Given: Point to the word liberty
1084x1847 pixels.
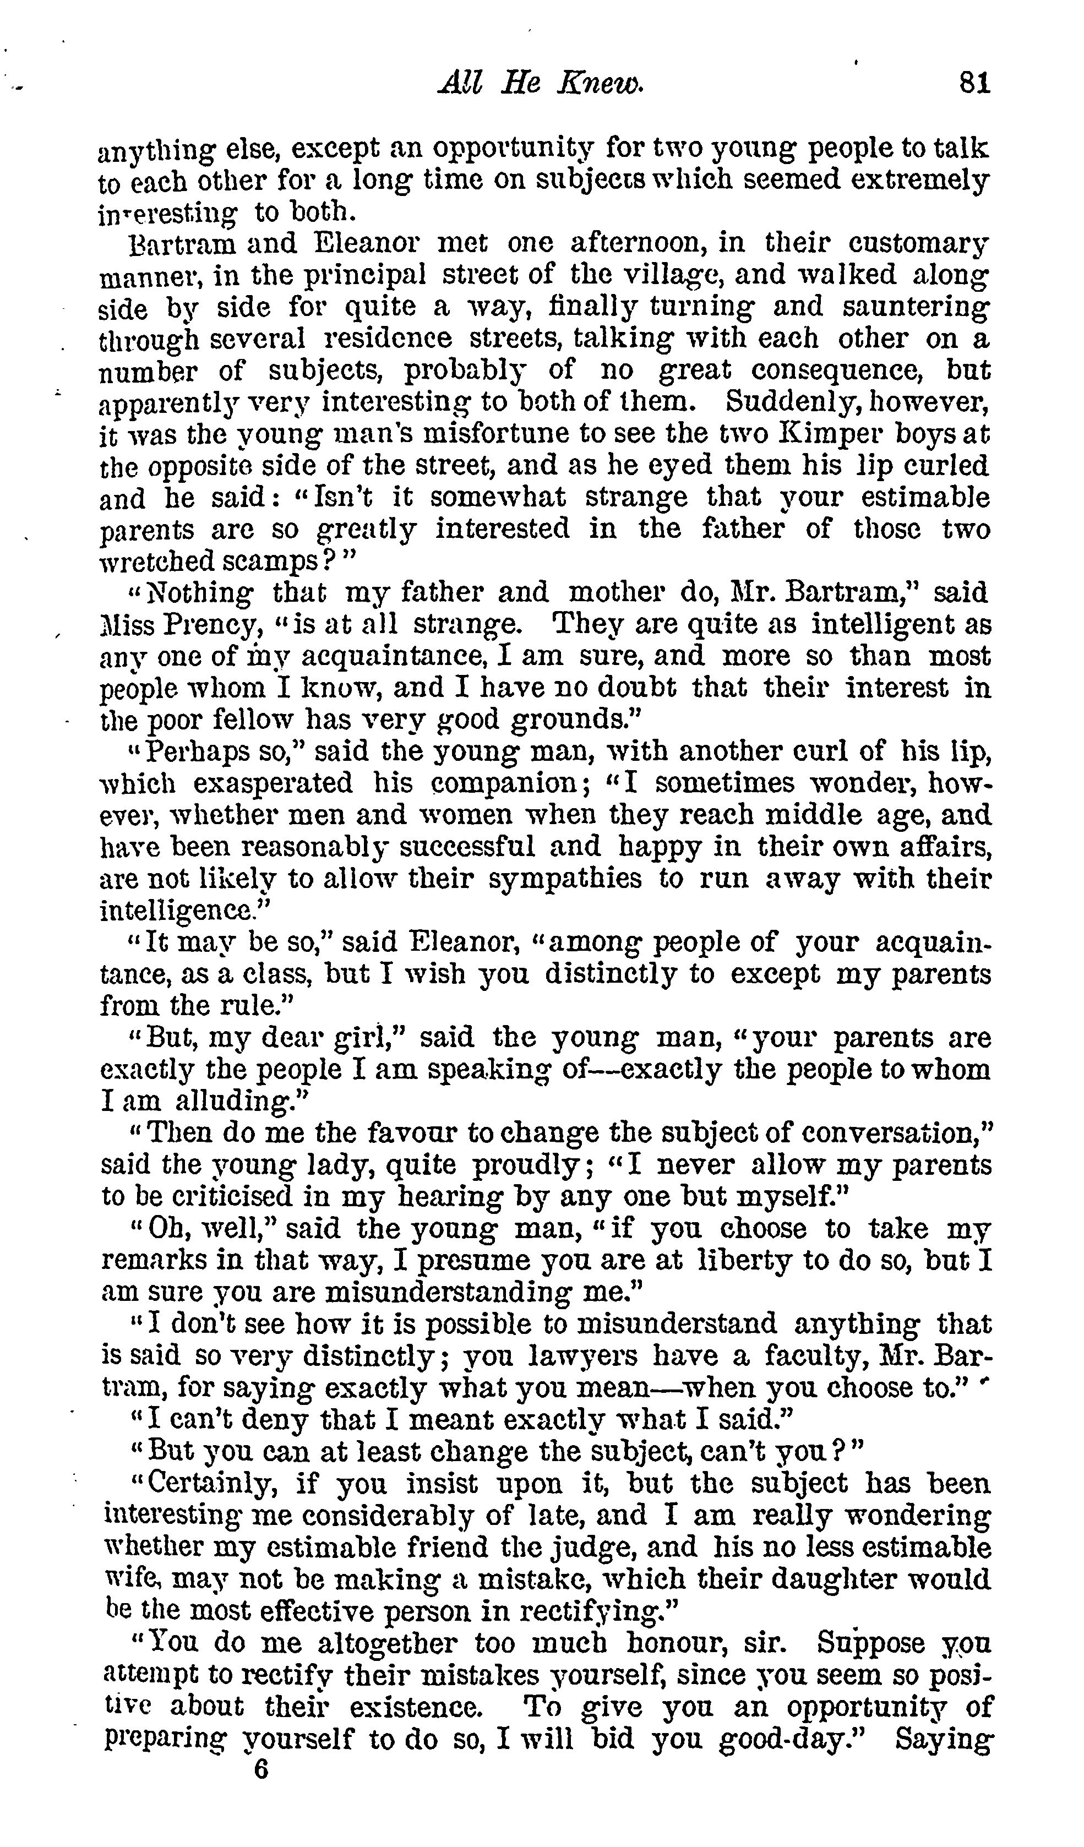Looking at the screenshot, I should (x=743, y=1261).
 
